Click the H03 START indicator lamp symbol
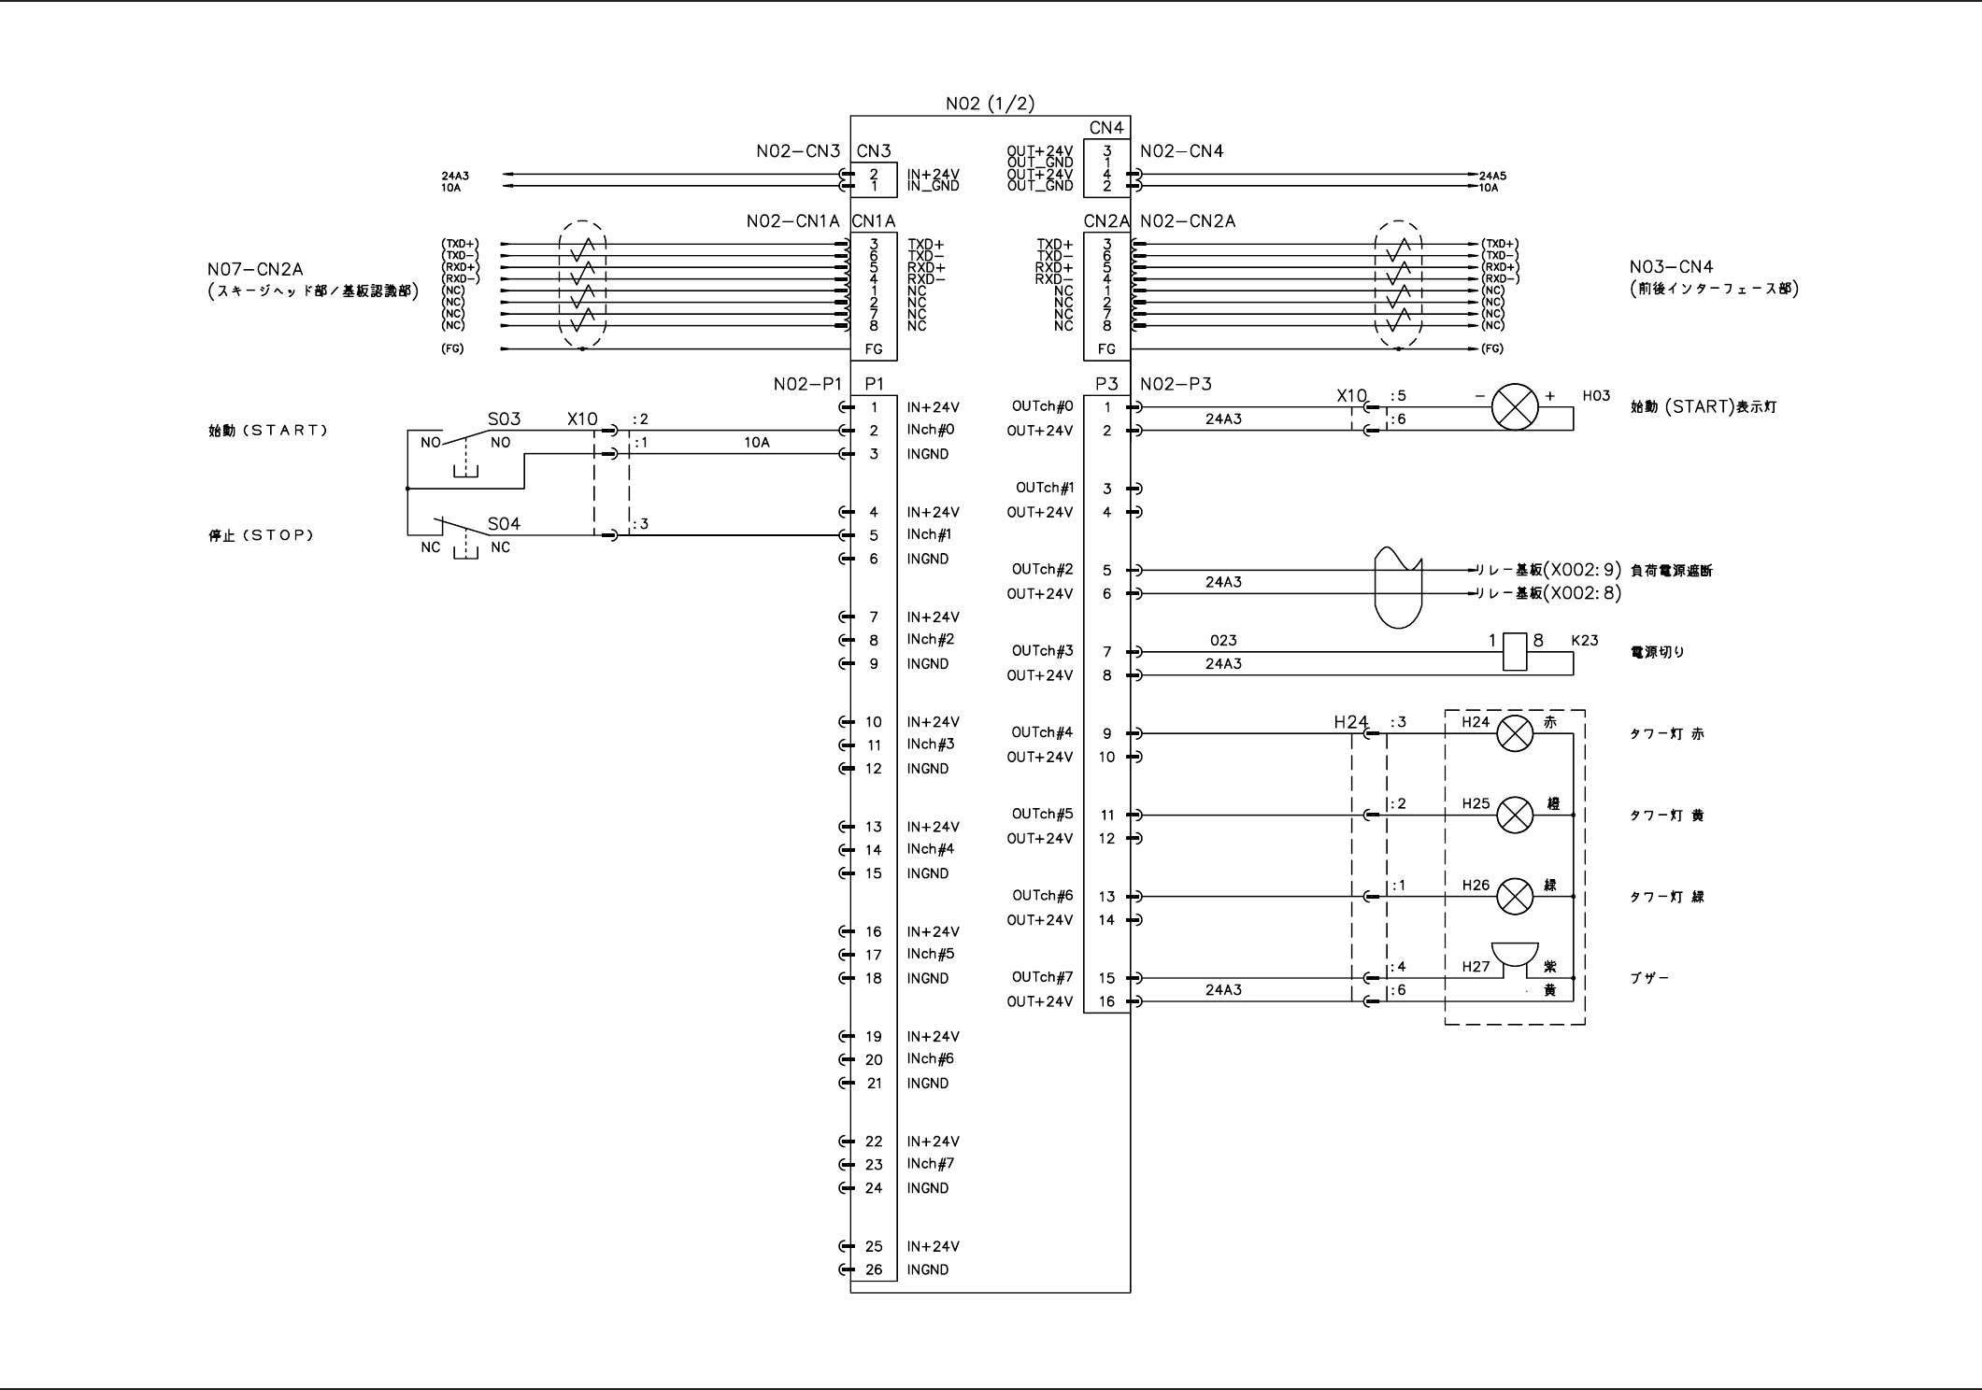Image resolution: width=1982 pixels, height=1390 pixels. [1514, 407]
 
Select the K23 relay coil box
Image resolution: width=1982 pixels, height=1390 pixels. [1515, 651]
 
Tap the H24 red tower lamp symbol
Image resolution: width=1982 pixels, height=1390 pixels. [1515, 733]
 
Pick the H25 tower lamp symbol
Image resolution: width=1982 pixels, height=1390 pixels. [1515, 816]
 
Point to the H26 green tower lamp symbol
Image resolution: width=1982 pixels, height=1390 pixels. [1515, 897]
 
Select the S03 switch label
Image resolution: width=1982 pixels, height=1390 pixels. [504, 419]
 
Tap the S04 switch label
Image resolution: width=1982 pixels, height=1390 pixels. [504, 524]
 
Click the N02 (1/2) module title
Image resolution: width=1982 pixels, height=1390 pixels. [990, 104]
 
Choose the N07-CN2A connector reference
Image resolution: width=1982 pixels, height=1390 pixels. [255, 270]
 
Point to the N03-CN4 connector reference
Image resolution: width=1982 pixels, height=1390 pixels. [1671, 267]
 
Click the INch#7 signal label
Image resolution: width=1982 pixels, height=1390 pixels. [930, 1164]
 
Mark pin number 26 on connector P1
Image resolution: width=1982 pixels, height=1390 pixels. [874, 1269]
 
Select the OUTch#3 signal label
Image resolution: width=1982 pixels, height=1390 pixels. [1042, 651]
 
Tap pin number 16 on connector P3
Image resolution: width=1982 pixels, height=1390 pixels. [1106, 1001]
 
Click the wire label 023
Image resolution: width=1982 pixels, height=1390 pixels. [1222, 641]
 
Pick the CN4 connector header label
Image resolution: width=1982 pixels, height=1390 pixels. [1106, 128]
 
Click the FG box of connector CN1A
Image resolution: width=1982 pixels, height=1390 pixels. [874, 349]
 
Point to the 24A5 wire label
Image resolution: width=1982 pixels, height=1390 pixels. [1492, 176]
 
